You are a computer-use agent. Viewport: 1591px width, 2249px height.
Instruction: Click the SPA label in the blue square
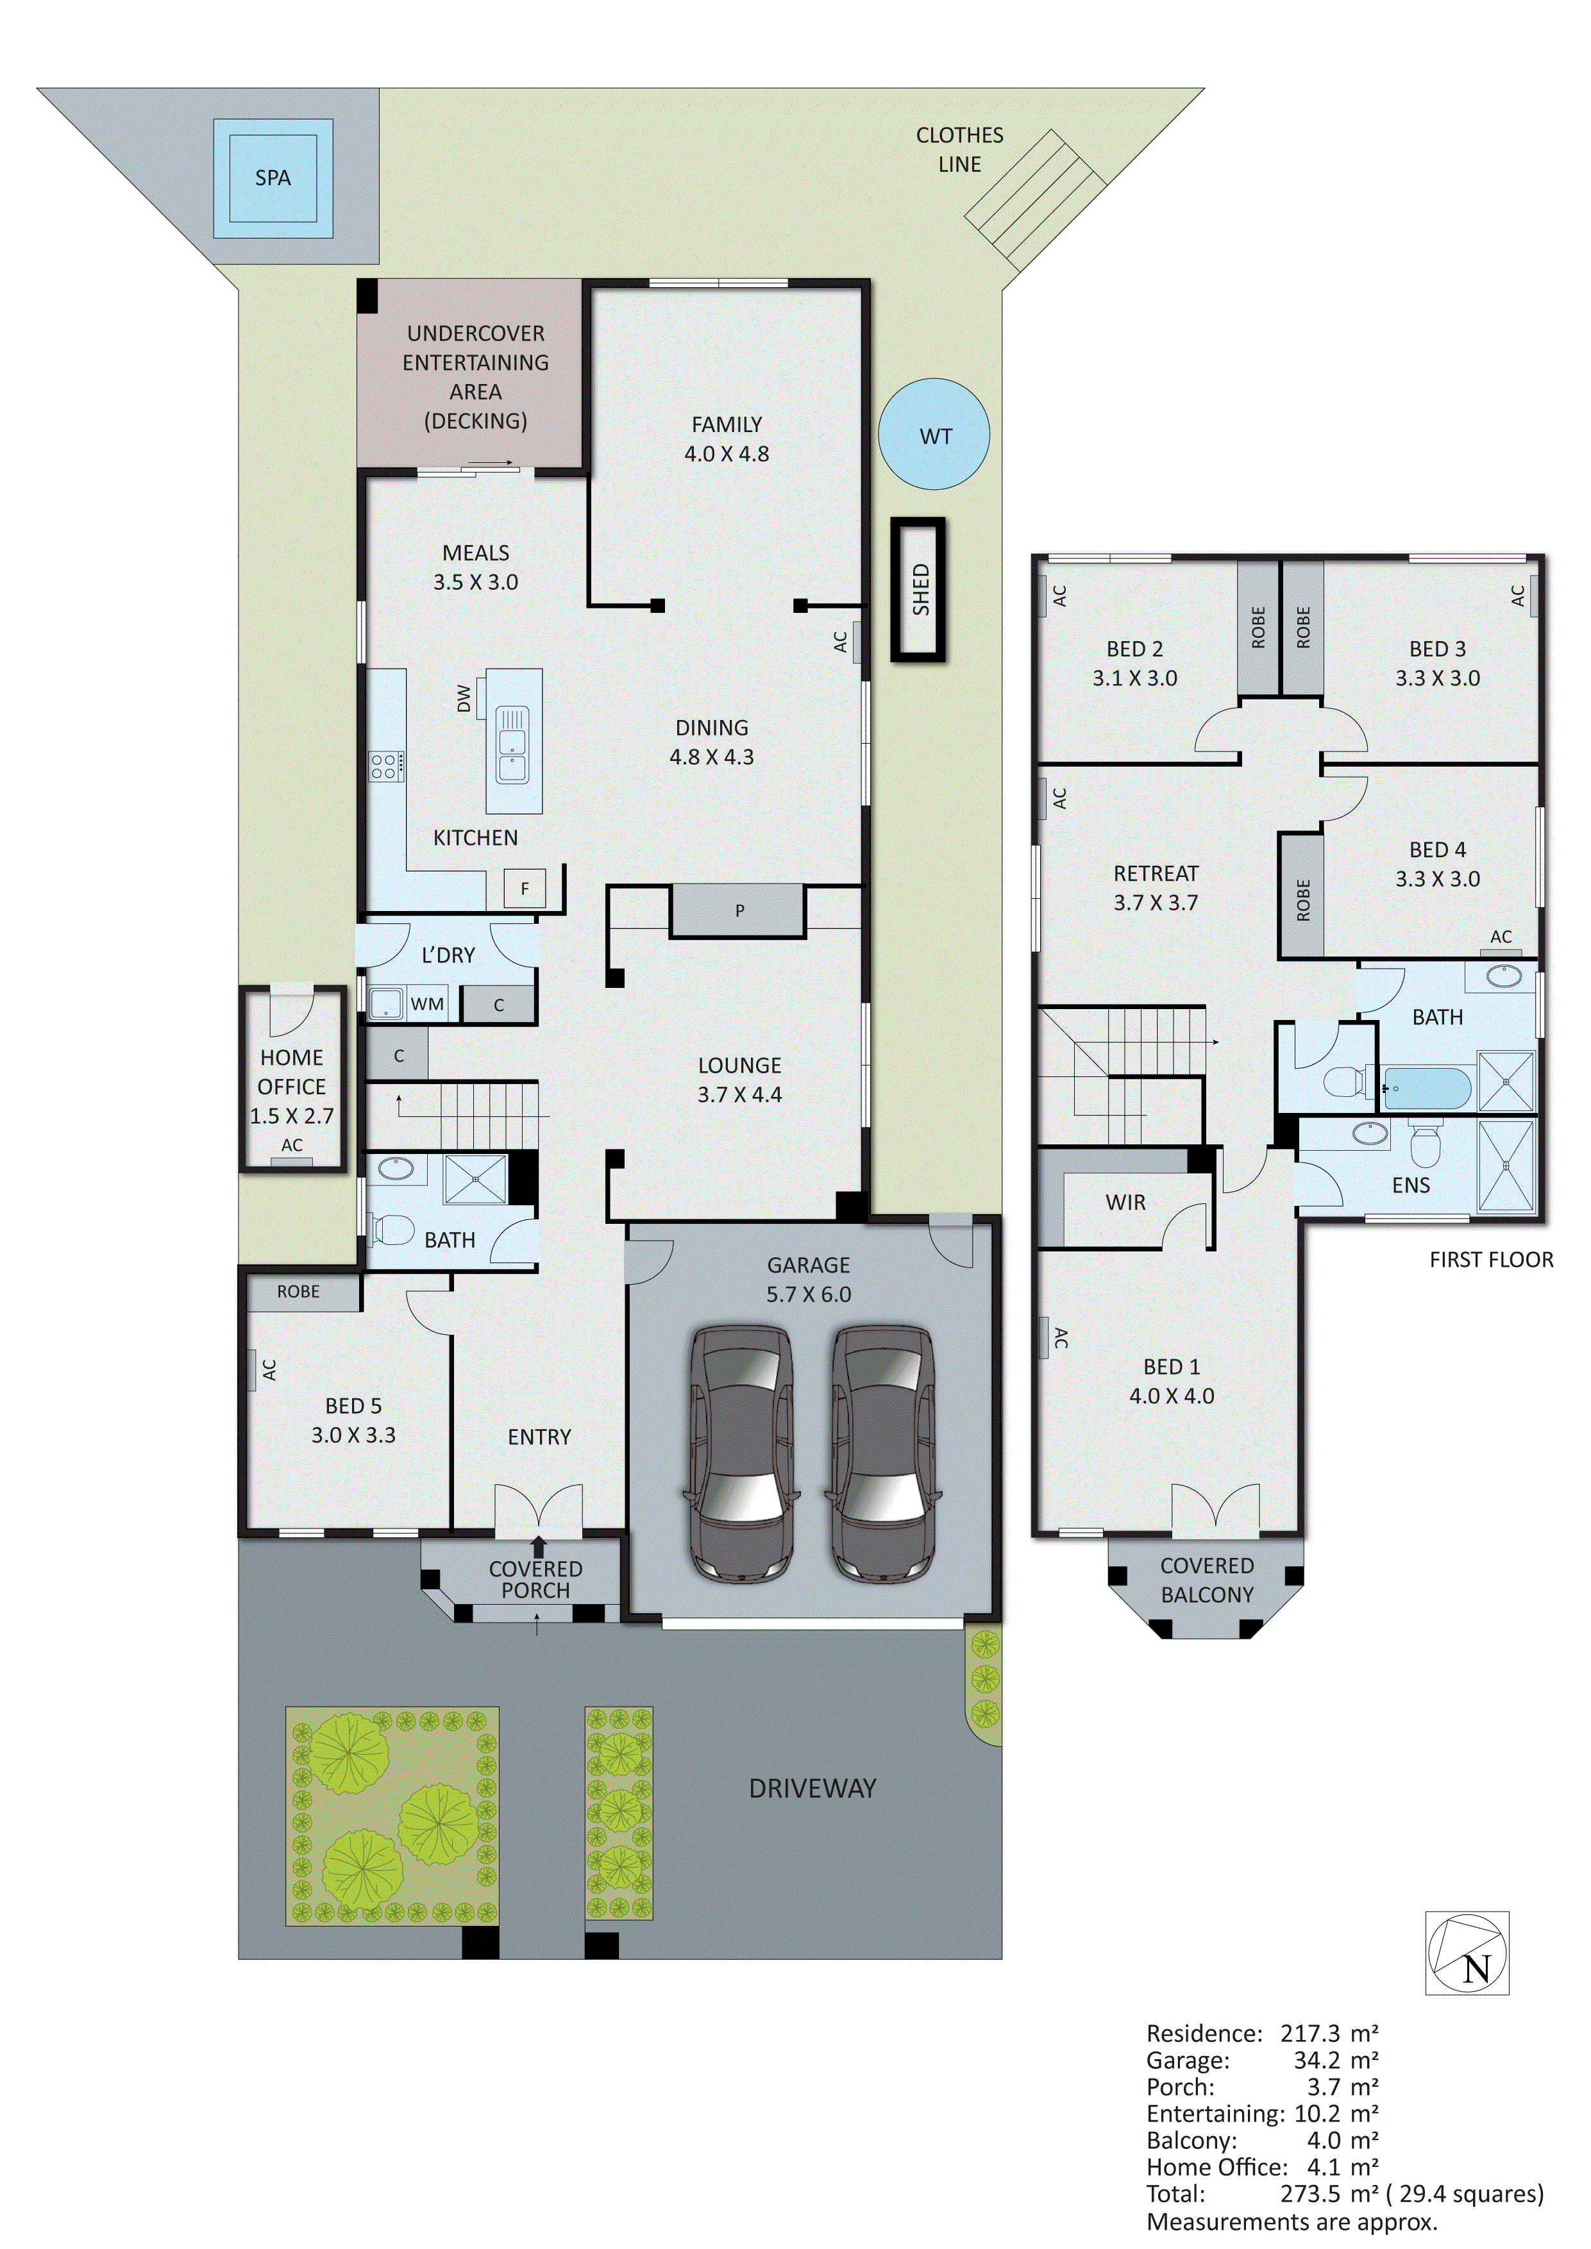pyautogui.click(x=273, y=178)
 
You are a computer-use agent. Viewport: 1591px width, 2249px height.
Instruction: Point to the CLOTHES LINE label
pyautogui.click(x=959, y=150)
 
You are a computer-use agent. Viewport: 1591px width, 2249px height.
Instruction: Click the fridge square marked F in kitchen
pyautogui.click(x=524, y=889)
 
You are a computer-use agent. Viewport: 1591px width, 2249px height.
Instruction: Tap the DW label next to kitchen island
pyautogui.click(x=464, y=698)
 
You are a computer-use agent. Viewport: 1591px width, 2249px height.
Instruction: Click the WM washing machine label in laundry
pyautogui.click(x=426, y=1004)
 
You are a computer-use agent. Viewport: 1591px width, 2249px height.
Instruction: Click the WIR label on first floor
pyautogui.click(x=1125, y=1202)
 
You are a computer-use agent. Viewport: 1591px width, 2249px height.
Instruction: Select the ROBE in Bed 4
pyautogui.click(x=1302, y=899)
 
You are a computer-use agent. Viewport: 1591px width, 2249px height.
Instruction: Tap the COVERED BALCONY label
pyautogui.click(x=1206, y=1580)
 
